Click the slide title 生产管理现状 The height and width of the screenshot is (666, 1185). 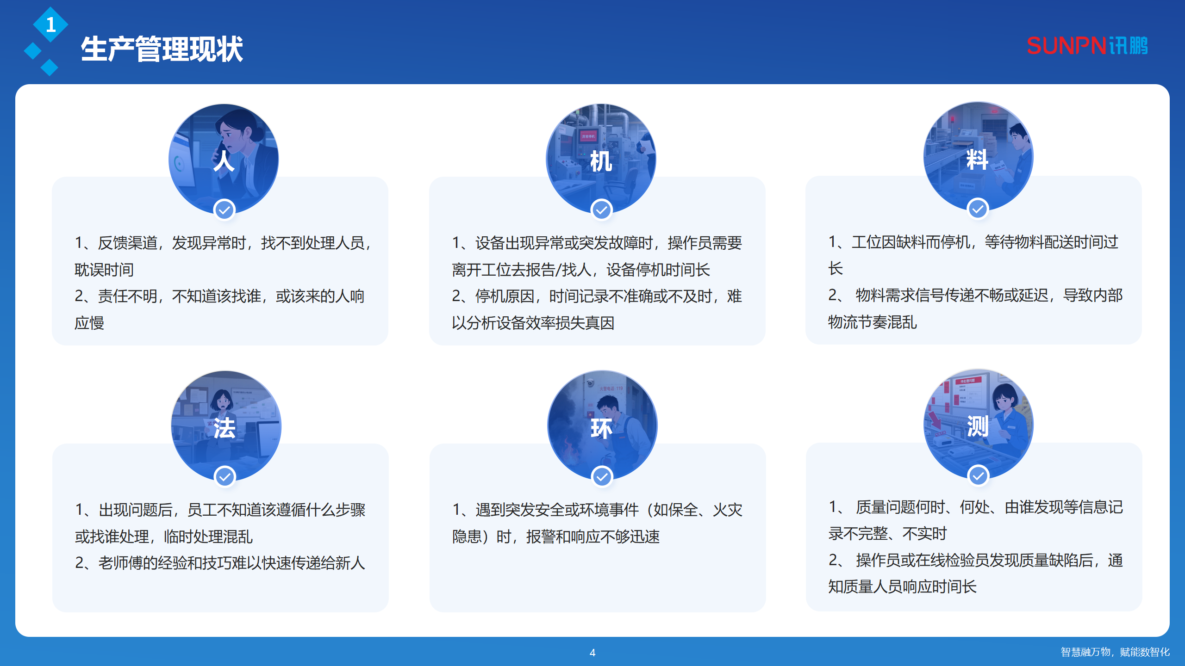pyautogui.click(x=162, y=49)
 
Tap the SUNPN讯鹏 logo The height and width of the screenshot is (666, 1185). pyautogui.click(x=1087, y=46)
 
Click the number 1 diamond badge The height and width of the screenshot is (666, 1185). pyautogui.click(x=50, y=25)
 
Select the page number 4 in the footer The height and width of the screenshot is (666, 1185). pyautogui.click(x=592, y=653)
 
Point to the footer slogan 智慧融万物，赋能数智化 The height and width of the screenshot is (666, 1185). pyautogui.click(x=1115, y=652)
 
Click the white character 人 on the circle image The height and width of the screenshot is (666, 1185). pyautogui.click(x=224, y=161)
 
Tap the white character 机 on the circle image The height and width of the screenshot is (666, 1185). pyautogui.click(x=601, y=161)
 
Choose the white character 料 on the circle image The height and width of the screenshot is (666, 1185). pyautogui.click(x=977, y=160)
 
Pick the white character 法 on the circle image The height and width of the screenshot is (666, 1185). pyautogui.click(x=225, y=428)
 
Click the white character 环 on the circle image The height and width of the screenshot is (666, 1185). pyautogui.click(x=601, y=428)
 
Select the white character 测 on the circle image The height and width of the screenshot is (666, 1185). pyautogui.click(x=978, y=426)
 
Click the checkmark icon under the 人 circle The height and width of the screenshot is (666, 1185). pyautogui.click(x=225, y=210)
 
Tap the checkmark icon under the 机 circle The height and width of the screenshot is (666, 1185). pyautogui.click(x=601, y=210)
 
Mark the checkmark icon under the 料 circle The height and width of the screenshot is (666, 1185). pyautogui.click(x=978, y=209)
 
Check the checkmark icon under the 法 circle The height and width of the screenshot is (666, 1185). pyautogui.click(x=225, y=477)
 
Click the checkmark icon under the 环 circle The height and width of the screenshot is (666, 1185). pyautogui.click(x=602, y=477)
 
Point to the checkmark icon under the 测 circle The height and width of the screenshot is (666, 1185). pyautogui.click(x=978, y=475)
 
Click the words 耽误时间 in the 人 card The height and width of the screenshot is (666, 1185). pyautogui.click(x=104, y=270)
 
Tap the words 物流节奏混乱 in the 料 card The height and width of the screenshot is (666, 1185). pyautogui.click(x=873, y=322)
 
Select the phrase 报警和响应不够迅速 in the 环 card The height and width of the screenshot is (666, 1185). pyautogui.click(x=593, y=537)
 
